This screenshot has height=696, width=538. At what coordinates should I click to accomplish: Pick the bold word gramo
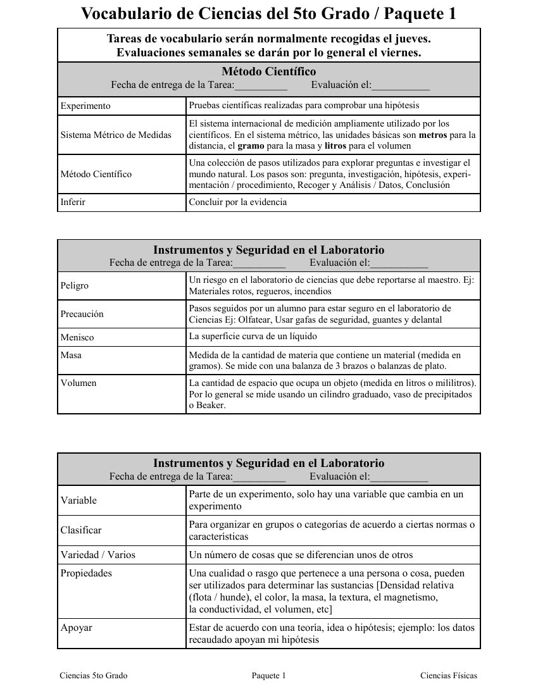pos(251,146)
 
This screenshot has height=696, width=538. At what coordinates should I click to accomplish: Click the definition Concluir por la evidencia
pos(238,202)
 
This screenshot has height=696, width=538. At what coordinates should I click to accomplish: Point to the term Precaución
pos(82,314)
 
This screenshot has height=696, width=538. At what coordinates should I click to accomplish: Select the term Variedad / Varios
pos(98,555)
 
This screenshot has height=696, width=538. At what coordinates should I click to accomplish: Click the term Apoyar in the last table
pos(77,628)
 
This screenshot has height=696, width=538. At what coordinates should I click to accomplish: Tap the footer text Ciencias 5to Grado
pos(94,676)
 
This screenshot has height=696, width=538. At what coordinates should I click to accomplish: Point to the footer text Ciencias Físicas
pos(449,676)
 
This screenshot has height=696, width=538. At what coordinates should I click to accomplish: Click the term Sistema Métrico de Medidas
pos(116,135)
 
